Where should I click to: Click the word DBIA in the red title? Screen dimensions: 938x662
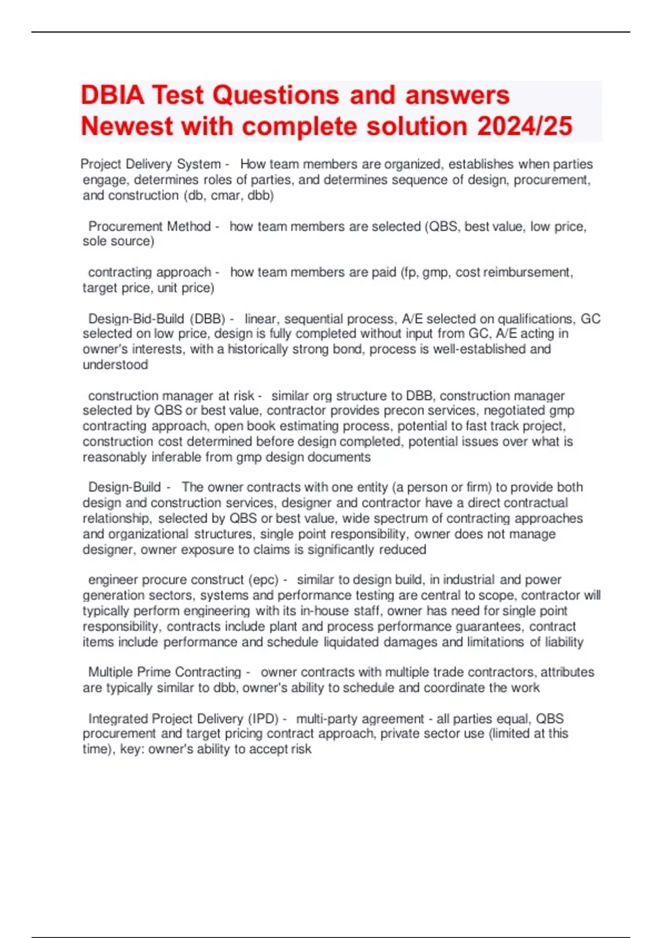coord(113,95)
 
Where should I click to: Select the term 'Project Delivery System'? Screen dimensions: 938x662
coord(150,164)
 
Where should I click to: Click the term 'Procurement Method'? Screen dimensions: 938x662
coord(150,227)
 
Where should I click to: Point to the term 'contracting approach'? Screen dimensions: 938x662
coord(150,273)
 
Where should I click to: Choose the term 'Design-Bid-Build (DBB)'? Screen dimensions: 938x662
coord(157,319)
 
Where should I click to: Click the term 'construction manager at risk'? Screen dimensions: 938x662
coord(171,396)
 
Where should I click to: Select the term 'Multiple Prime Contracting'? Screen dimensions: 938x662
coord(164,673)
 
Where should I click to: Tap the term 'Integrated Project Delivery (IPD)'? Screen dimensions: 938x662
coord(183,719)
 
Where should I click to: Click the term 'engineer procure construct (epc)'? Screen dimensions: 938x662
coord(183,580)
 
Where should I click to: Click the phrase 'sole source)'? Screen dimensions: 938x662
coord(118,242)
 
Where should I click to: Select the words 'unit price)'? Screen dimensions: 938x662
coord(186,288)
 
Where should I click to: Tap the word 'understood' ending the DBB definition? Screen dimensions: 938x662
coord(115,365)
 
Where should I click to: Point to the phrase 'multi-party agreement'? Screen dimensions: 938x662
coord(360,719)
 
